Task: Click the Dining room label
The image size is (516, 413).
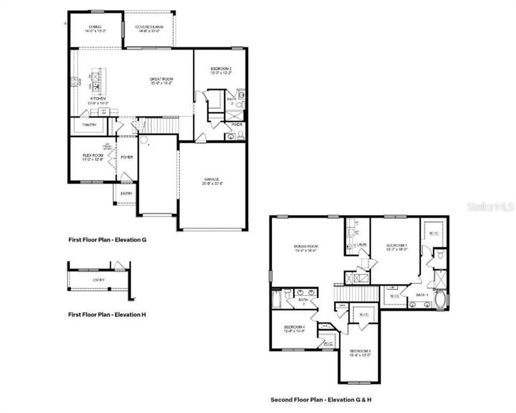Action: point(95,27)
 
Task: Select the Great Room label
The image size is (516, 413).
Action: point(161,79)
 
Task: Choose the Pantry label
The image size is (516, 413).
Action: point(89,124)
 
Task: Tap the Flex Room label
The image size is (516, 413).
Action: point(93,155)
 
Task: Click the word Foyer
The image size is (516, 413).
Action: point(126,156)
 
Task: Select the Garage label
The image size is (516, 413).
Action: point(212,179)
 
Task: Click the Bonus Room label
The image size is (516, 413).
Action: point(306,247)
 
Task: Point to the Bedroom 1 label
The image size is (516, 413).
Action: point(396,245)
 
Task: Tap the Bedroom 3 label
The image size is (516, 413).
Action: point(361,351)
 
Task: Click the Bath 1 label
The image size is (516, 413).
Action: point(423,295)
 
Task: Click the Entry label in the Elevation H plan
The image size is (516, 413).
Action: point(98,280)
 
